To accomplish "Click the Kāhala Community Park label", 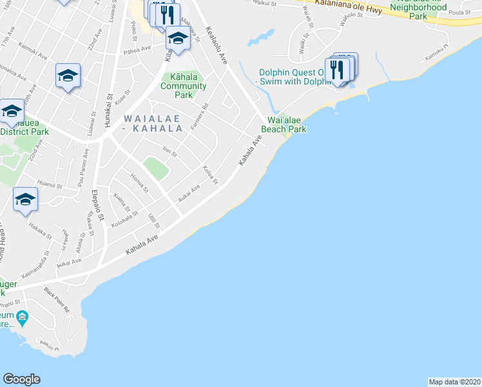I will (184, 86).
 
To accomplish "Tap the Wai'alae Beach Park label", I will (283, 124).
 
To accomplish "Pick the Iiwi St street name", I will (169, 150).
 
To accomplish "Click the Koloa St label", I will (210, 175).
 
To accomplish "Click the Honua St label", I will (139, 183).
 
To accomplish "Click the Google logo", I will (21, 379).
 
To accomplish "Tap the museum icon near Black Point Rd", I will (23, 317).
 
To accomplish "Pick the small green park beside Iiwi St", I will (155, 169).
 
